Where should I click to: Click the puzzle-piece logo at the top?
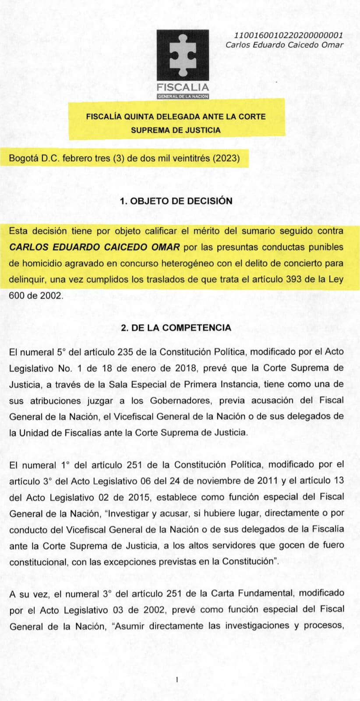(183, 55)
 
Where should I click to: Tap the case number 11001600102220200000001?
(289, 35)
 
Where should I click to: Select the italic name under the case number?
(284, 45)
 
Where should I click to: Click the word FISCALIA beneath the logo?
(183, 87)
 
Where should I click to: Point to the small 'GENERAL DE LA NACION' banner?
(183, 96)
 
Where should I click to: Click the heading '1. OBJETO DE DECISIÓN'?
(176, 201)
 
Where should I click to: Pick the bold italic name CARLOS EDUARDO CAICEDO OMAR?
(95, 247)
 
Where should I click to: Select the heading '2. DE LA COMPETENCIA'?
(176, 328)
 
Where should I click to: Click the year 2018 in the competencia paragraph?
(185, 368)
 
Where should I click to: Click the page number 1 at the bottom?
(176, 680)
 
